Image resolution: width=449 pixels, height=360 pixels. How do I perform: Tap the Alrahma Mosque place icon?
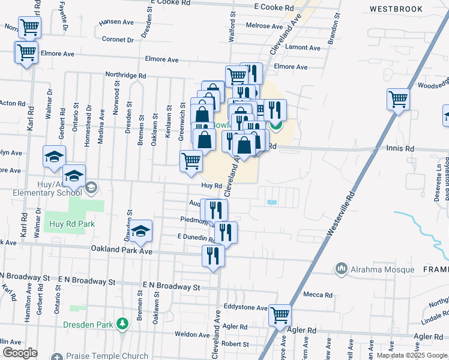point(342,268)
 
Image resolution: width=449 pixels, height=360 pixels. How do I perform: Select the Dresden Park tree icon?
point(122,324)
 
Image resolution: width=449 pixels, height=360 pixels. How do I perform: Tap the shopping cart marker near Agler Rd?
point(280,314)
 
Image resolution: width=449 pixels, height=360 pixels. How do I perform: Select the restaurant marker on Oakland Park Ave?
point(213,256)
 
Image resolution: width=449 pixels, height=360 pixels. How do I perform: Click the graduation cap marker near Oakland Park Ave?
point(140,231)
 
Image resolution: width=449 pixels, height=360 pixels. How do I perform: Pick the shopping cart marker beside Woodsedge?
point(398,99)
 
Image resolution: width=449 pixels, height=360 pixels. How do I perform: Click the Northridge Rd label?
point(125,76)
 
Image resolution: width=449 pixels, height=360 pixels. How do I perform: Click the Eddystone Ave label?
point(245,308)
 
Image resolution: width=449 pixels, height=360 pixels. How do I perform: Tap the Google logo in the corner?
point(20,353)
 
